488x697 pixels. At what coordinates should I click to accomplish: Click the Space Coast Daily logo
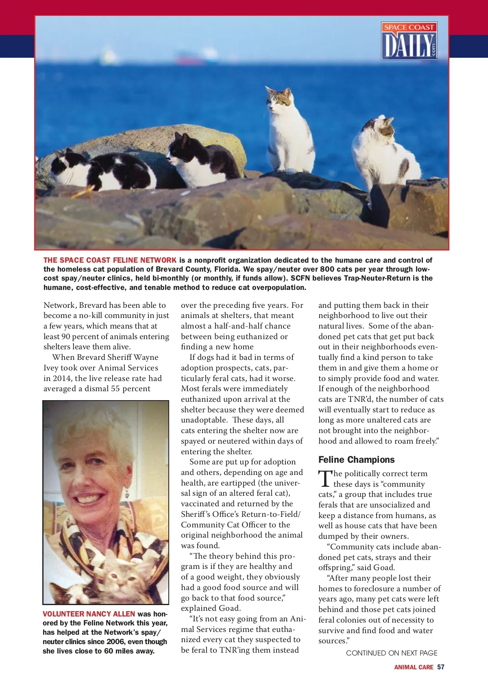coord(409,41)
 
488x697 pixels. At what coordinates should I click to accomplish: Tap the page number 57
coord(441,667)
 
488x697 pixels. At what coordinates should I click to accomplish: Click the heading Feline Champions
coord(356,460)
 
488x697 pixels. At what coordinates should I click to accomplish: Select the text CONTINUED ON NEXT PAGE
coord(392,653)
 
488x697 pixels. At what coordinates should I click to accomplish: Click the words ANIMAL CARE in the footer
coord(413,667)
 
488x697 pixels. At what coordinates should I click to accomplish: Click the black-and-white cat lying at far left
coord(102,171)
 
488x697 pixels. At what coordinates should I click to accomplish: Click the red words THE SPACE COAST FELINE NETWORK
coord(110,260)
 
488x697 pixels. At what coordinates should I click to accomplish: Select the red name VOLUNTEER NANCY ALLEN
coord(89,614)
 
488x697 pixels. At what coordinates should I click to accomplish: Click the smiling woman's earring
coord(126,494)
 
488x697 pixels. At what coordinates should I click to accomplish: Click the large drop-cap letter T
coord(325,479)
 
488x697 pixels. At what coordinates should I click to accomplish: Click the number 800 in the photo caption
coord(327,269)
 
